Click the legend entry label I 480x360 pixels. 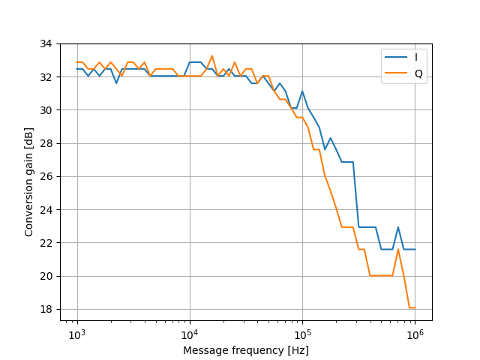point(415,57)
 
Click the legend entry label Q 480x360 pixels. point(418,73)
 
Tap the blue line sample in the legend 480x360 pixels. point(395,57)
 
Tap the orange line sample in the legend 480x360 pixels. point(395,73)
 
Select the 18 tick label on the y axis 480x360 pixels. point(46,309)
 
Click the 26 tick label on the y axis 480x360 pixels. point(46,176)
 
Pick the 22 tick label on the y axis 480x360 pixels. point(46,243)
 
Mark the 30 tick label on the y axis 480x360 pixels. point(46,110)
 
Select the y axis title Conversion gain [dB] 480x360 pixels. point(29,181)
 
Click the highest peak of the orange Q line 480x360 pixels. point(212,55)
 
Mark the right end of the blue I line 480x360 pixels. point(415,249)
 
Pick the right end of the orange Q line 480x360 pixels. point(415,307)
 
